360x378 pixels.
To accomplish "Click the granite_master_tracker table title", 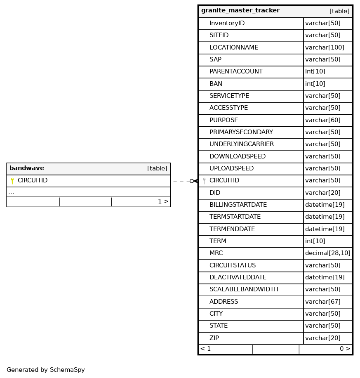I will (240, 11).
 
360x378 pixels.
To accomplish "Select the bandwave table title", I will (27, 168).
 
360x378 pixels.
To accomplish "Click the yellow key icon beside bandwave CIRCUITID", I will (12, 181).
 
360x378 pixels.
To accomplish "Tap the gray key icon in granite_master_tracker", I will (204, 181).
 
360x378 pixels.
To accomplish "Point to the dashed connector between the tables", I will (181, 181).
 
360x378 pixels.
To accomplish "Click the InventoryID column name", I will (227, 24).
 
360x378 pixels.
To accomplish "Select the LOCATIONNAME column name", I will (233, 47).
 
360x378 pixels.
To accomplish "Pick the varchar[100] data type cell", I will (325, 47).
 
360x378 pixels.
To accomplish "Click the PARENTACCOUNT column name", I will (236, 72).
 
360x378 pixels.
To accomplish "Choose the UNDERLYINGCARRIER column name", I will (241, 144).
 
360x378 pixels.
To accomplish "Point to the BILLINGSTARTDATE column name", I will (238, 205).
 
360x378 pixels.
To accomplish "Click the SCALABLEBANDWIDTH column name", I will (244, 290).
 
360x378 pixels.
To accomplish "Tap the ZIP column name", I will (214, 338).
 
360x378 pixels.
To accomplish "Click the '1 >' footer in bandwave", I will (163, 202).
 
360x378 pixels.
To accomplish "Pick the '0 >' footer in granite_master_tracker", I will (345, 349).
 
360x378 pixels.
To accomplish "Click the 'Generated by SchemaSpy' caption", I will (46, 370).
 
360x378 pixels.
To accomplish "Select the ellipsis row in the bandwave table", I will (11, 192).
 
